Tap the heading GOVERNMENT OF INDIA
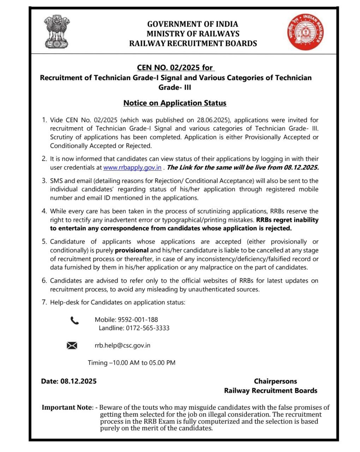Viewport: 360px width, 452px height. pos(192,24)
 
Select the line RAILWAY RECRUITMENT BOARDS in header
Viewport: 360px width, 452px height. pos(193,43)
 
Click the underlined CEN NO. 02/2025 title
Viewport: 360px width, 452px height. pos(175,67)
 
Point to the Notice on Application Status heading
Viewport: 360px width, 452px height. pos(175,103)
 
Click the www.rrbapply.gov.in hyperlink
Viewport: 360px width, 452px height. pos(132,168)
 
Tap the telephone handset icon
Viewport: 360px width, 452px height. pos(74,321)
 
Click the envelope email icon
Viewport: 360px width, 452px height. pos(72,345)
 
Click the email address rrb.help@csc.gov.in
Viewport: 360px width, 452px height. pos(122,345)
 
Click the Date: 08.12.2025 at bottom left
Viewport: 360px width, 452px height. pos(69,381)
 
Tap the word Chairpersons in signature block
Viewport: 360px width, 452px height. pos(275,381)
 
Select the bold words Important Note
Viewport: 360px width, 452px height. pos(67,407)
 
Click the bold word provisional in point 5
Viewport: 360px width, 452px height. pos(132,250)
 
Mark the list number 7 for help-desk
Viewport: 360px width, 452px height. pos(44,302)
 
